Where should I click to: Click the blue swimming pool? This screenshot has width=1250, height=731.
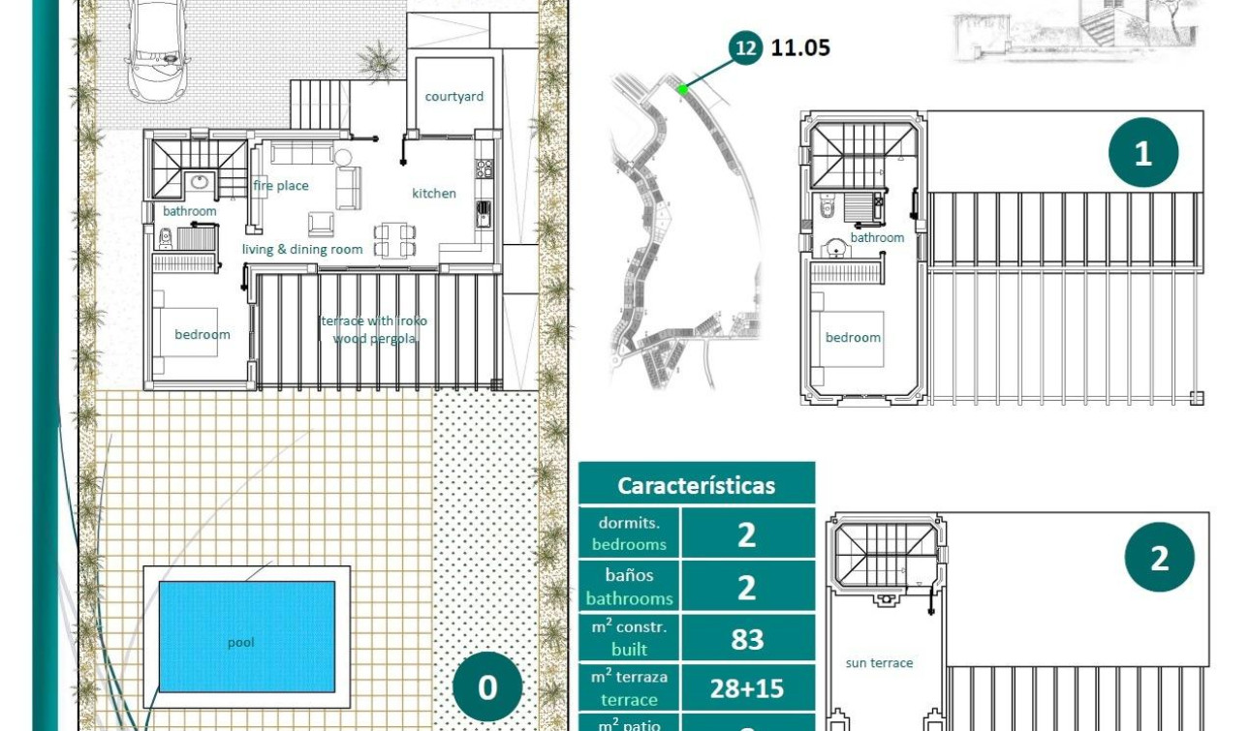[246, 636]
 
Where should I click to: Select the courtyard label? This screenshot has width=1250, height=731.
[453, 97]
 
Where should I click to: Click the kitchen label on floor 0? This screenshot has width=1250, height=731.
[434, 194]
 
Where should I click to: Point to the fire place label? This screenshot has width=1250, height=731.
[281, 186]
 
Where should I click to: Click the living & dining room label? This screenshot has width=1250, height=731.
[302, 250]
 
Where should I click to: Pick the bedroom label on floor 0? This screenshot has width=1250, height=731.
[203, 335]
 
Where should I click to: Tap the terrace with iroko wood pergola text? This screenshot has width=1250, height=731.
[374, 330]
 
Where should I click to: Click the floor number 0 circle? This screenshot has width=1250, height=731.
[487, 687]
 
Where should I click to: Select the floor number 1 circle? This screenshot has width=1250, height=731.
[1143, 153]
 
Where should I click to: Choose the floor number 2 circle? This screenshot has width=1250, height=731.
[1159, 558]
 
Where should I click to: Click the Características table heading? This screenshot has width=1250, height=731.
[697, 485]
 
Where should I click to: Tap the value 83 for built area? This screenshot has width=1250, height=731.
[746, 639]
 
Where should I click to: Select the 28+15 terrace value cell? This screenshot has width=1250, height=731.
[746, 688]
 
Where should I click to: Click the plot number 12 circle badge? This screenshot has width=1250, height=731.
[745, 46]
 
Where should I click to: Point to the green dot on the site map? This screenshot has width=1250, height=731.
[682, 89]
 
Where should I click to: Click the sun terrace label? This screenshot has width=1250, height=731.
[879, 663]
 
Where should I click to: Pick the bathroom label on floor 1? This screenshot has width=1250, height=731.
[877, 238]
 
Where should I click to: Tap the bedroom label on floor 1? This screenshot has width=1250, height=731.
[853, 338]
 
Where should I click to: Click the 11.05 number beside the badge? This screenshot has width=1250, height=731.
[800, 47]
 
